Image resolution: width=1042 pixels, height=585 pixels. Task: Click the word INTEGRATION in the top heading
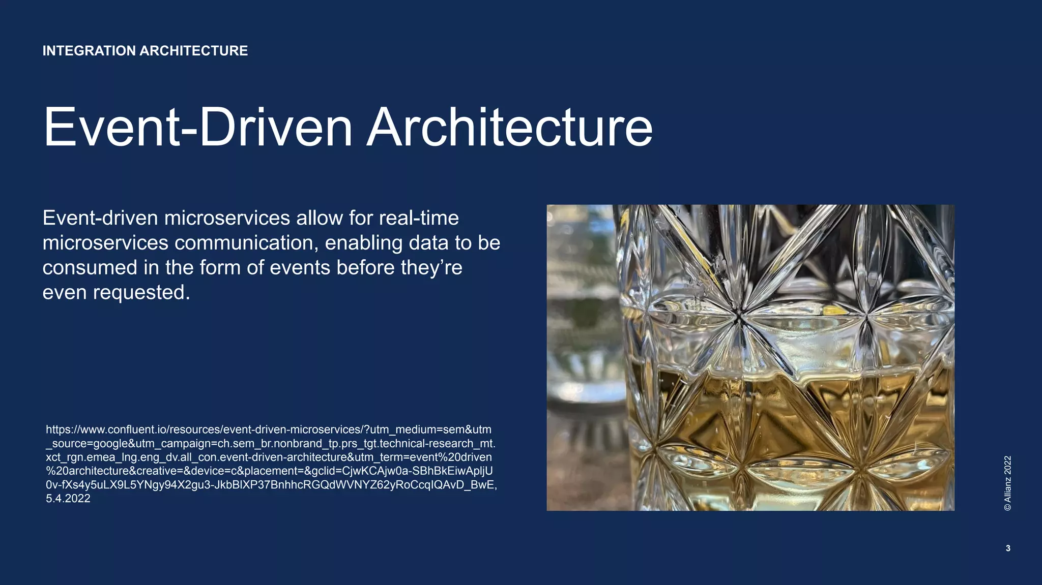coord(89,51)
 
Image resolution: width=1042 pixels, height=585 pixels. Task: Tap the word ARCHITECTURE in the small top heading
coord(193,51)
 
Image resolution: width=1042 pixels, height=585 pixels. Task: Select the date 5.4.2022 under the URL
coord(68,499)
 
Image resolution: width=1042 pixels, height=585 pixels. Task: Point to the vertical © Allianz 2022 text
coord(1007,483)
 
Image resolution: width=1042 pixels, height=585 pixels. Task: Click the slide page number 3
coord(1008,548)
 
